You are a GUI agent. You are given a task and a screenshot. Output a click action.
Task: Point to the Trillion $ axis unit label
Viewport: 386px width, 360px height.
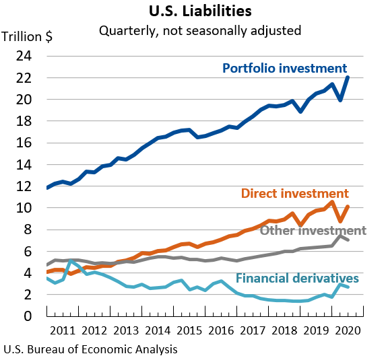tap(28, 37)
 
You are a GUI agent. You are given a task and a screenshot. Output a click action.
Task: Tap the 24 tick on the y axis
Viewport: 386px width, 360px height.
tap(24, 57)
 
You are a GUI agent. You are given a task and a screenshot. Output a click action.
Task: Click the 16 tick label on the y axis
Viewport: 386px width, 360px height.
tap(24, 143)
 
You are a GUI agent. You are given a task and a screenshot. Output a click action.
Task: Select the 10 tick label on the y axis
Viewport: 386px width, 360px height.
tap(24, 209)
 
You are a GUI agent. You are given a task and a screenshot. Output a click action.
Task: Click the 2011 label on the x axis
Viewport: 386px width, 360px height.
tap(63, 330)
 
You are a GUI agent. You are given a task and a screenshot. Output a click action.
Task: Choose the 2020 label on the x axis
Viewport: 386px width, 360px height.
tap(349, 330)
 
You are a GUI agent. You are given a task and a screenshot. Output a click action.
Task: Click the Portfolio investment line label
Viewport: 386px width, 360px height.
tap(284, 69)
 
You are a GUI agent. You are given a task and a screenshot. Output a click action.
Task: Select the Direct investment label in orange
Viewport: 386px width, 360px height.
tap(294, 194)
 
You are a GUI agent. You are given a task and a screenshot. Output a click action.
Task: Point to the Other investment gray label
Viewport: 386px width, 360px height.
tap(313, 231)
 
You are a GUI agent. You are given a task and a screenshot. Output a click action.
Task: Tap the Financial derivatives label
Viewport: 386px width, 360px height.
tap(297, 279)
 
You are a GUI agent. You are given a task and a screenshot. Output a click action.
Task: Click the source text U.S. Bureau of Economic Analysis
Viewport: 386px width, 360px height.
tap(91, 349)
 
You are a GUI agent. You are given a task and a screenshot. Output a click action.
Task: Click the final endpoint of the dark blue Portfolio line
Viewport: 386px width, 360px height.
tap(348, 77)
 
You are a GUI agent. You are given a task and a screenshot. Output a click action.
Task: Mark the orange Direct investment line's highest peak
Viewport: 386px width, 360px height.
tap(332, 202)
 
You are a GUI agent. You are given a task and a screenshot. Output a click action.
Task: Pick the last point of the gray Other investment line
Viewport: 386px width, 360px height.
tap(348, 240)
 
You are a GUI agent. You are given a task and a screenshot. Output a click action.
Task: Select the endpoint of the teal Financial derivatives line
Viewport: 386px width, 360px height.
tap(348, 287)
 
